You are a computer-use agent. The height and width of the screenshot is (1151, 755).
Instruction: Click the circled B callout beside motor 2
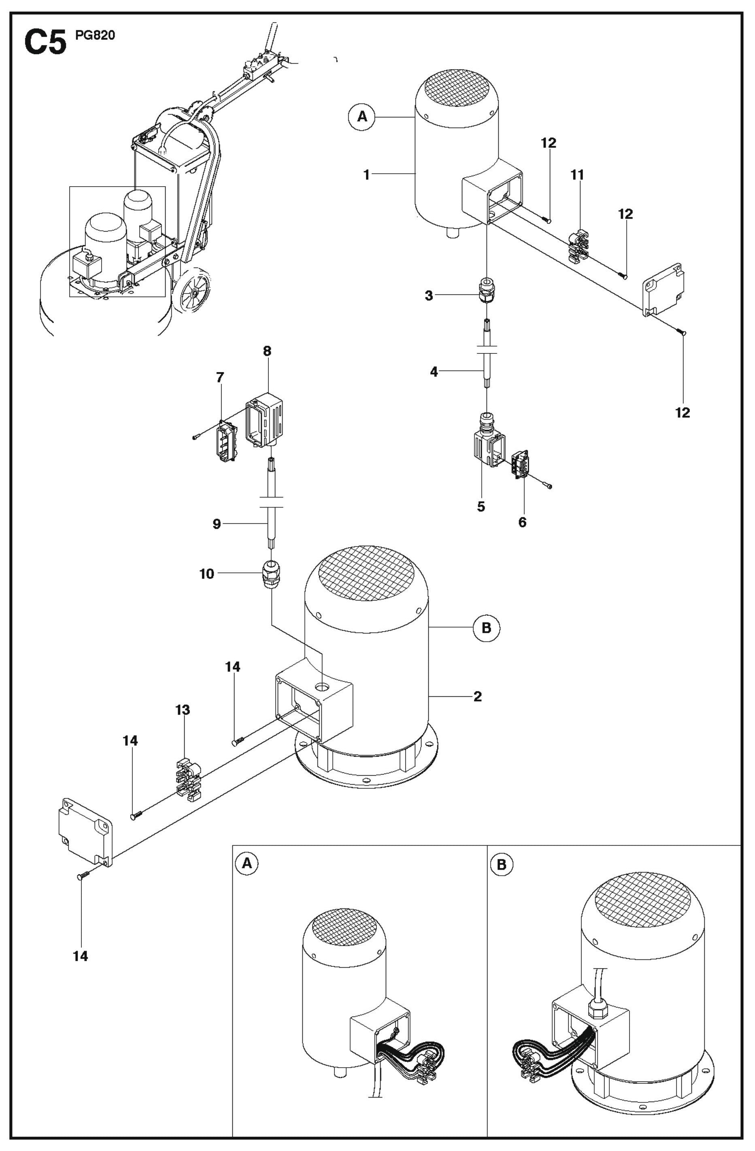pos(486,628)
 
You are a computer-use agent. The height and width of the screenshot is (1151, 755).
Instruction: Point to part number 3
pos(429,296)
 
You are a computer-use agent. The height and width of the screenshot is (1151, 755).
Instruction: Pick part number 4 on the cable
pos(434,372)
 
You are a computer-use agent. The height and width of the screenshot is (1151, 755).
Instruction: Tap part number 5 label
pos(481,507)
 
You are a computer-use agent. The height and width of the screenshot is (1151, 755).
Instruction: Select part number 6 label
pos(522,522)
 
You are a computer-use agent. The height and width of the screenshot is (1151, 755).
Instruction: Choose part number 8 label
pos(267,351)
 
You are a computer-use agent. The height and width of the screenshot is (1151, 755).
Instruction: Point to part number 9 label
pos(217,524)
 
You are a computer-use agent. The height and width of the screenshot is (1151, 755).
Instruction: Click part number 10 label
pos(206,574)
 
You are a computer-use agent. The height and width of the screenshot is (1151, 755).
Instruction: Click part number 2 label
pos(477,696)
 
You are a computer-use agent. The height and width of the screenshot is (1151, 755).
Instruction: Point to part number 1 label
pos(367,174)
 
